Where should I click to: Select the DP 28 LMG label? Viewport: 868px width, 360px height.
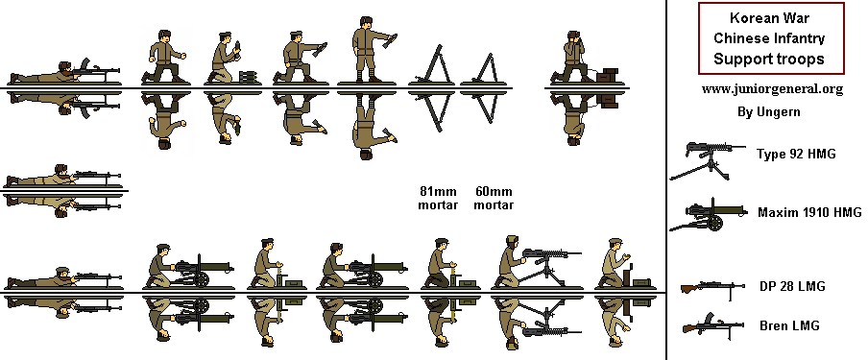click(x=792, y=286)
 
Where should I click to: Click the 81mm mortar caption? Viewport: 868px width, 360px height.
click(x=438, y=198)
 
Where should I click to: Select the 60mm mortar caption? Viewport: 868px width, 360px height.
click(x=494, y=198)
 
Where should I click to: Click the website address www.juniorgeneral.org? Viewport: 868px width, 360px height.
click(x=772, y=89)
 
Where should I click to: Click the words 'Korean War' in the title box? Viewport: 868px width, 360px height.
click(x=771, y=19)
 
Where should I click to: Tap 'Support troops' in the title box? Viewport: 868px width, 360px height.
click(x=771, y=60)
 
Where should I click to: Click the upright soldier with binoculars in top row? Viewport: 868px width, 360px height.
click(x=582, y=58)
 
